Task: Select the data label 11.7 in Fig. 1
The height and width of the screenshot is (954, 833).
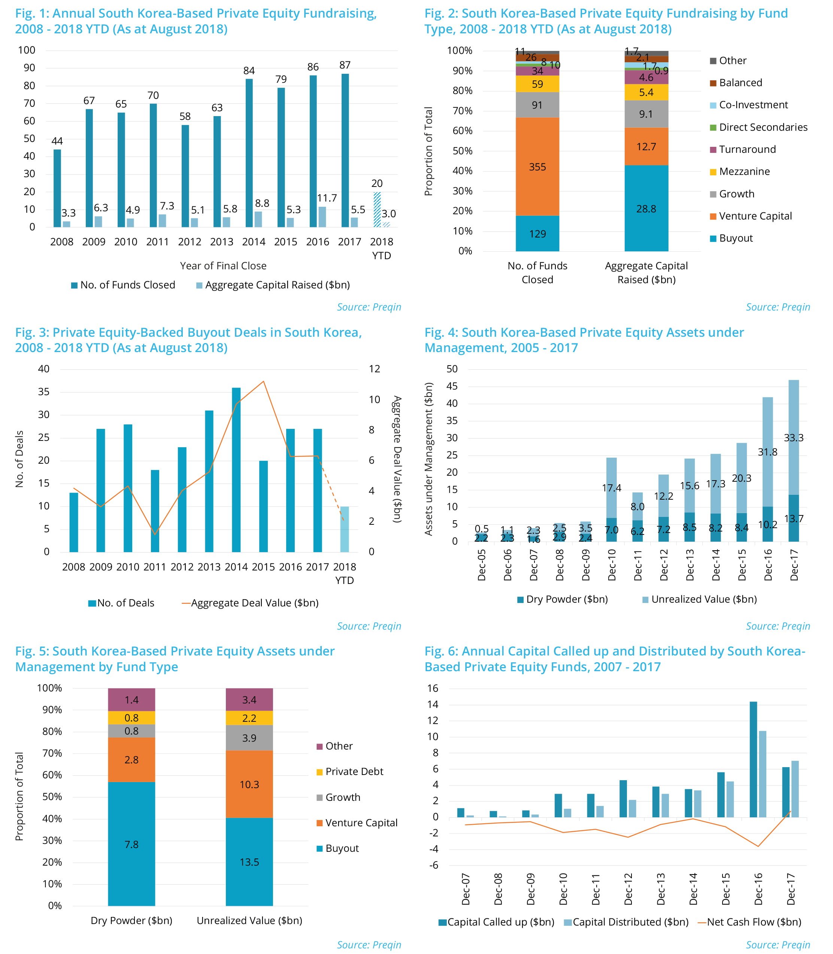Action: (327, 198)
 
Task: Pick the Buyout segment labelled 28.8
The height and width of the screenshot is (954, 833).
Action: (646, 208)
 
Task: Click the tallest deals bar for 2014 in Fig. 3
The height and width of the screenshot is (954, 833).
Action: (236, 470)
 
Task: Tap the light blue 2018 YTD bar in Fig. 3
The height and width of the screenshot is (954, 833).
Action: (345, 529)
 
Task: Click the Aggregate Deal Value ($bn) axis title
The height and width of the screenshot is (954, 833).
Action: (397, 459)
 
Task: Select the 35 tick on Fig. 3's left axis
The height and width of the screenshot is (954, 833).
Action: (44, 392)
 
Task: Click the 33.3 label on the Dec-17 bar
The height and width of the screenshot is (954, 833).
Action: (794, 437)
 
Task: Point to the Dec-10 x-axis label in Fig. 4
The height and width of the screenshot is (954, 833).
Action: (612, 564)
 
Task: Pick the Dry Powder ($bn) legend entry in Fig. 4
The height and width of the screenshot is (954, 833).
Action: (563, 599)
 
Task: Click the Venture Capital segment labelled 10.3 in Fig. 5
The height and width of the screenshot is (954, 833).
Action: (249, 785)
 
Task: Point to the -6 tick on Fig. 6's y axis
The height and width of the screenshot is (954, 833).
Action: (432, 865)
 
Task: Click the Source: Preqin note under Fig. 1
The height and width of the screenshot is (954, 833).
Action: (369, 307)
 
